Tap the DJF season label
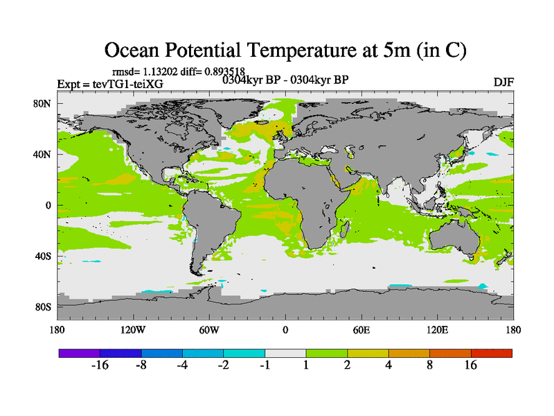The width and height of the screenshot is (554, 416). click(x=503, y=83)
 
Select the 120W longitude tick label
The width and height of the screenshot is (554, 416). click(x=132, y=329)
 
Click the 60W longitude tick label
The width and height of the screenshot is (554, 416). click(x=208, y=329)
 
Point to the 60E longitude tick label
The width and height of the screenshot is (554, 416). click(x=361, y=329)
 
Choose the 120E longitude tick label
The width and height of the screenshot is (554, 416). click(x=437, y=329)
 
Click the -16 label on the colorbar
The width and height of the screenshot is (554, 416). click(x=101, y=366)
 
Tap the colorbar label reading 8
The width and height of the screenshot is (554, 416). click(x=430, y=366)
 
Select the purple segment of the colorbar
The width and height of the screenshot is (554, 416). click(x=79, y=353)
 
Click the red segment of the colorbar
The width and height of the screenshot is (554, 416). click(x=492, y=353)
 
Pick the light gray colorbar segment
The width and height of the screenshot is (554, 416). click(x=285, y=353)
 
